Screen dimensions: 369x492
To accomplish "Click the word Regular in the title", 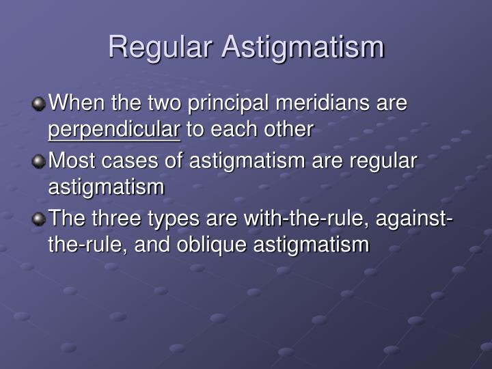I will (159, 47).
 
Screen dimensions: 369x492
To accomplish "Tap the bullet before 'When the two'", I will (40, 105).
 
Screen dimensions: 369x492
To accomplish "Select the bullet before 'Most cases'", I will (40, 162).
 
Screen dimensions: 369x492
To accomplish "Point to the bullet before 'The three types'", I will (40, 219).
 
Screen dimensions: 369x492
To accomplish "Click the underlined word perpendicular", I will (113, 129).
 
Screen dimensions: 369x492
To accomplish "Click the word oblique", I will (213, 244).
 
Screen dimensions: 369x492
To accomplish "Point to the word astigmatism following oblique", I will (311, 244).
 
